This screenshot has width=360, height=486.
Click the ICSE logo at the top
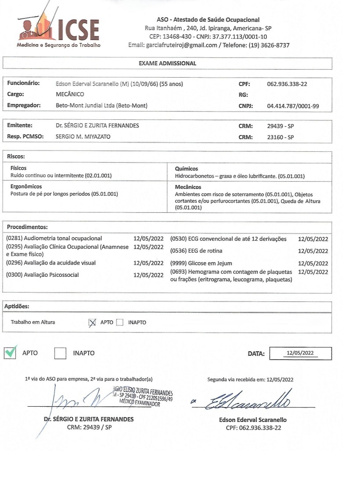click(x=59, y=27)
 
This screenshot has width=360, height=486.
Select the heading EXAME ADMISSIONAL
click(x=167, y=63)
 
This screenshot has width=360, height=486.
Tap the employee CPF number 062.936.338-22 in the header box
click(x=287, y=83)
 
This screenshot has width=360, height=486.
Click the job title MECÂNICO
click(x=70, y=94)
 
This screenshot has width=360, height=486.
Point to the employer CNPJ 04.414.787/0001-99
click(x=293, y=105)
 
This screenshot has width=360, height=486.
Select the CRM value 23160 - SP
click(x=280, y=137)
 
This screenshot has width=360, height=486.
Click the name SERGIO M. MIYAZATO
click(x=83, y=137)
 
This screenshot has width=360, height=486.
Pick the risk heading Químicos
click(x=186, y=168)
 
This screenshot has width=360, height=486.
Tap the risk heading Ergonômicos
click(x=26, y=186)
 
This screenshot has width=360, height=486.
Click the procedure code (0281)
click(x=15, y=239)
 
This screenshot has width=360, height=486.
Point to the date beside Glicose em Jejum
click(x=313, y=264)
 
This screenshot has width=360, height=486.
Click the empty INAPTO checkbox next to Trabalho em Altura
click(x=120, y=323)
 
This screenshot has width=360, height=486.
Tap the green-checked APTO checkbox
click(x=10, y=353)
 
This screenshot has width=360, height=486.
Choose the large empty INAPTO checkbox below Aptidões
click(x=60, y=353)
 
